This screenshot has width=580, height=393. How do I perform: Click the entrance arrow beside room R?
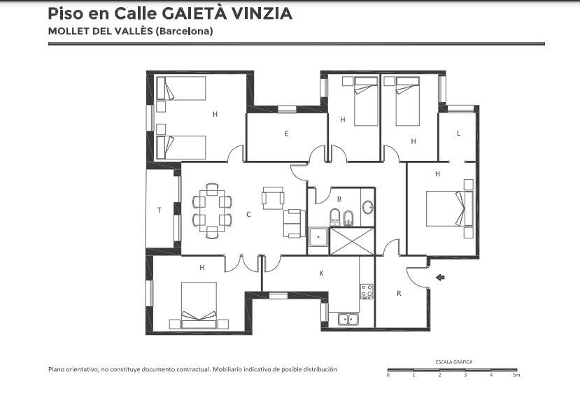(440, 278)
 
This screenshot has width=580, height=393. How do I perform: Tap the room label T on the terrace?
(160, 210)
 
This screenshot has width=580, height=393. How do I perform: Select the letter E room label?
(287, 134)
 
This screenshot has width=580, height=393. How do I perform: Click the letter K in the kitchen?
(321, 273)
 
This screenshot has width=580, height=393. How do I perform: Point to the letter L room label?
(459, 133)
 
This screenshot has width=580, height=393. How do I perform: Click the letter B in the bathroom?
(339, 199)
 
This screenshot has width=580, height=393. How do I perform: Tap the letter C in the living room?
(248, 214)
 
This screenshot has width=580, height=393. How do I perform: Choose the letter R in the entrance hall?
(399, 293)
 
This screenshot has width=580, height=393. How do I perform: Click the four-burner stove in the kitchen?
(367, 291)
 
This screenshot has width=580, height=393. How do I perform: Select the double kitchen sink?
(348, 319)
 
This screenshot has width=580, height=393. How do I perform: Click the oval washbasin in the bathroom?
(368, 208)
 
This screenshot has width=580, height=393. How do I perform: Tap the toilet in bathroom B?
(334, 217)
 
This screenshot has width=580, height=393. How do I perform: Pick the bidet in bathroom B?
(348, 217)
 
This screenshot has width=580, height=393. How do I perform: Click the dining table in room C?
(212, 210)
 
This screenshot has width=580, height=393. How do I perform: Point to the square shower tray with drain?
(318, 236)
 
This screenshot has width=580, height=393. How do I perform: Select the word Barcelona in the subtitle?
(184, 31)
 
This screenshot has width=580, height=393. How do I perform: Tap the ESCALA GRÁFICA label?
(454, 362)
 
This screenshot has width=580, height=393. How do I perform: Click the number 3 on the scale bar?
(465, 375)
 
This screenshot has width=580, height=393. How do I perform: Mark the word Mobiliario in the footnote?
(227, 369)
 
